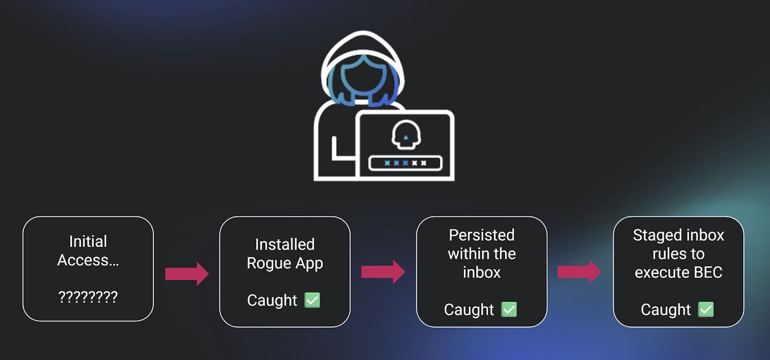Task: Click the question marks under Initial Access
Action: click(88, 296)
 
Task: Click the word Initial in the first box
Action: click(88, 241)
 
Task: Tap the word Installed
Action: click(284, 244)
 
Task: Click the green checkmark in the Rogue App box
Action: click(312, 300)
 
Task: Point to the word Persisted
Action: click(481, 235)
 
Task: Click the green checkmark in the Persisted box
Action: click(509, 309)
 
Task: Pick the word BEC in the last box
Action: click(708, 272)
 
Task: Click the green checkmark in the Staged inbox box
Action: click(706, 309)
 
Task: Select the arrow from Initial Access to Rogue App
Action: click(187, 274)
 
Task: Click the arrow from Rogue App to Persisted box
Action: click(383, 272)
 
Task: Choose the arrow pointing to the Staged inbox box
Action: click(579, 272)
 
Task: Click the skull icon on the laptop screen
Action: click(406, 134)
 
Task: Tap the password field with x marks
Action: click(405, 163)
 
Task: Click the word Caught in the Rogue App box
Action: click(272, 300)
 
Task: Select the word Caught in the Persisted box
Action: click(469, 309)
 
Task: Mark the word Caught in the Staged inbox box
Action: click(666, 309)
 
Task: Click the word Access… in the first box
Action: click(88, 260)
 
